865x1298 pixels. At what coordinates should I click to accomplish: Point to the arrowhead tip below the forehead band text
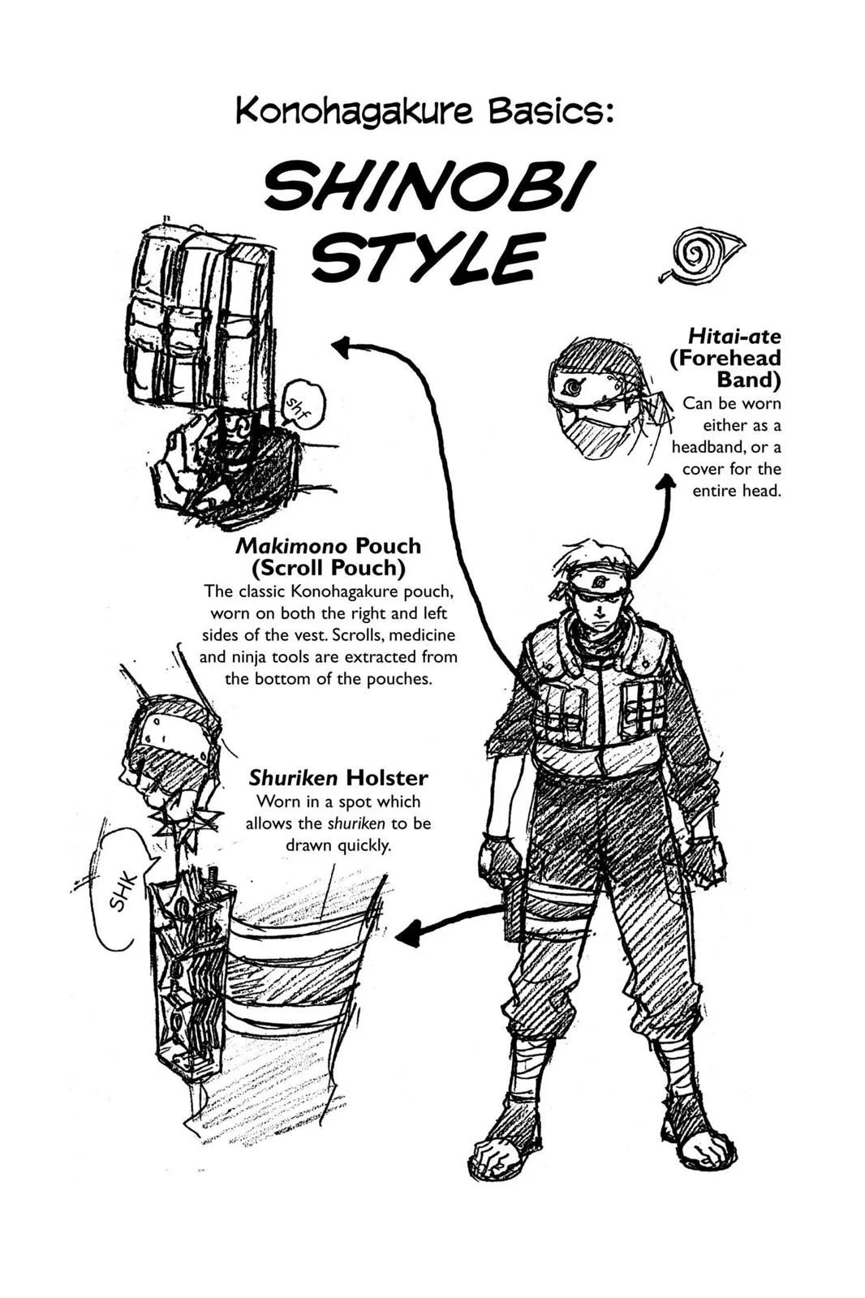pyautogui.click(x=669, y=474)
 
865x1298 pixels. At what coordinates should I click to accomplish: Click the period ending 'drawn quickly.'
pyautogui.click(x=389, y=850)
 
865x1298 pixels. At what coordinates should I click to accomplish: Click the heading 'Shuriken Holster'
pyautogui.click(x=338, y=778)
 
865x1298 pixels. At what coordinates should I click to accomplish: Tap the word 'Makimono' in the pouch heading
pyautogui.click(x=291, y=546)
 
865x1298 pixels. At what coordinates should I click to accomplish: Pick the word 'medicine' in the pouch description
pyautogui.click(x=422, y=635)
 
